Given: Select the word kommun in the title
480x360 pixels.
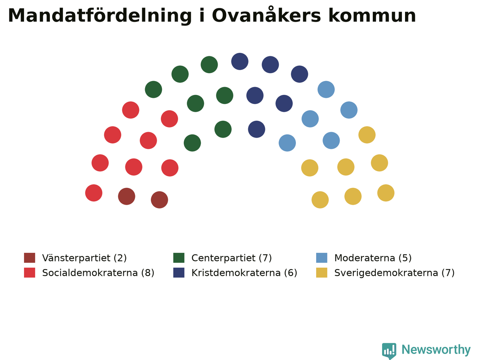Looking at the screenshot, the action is point(372,15).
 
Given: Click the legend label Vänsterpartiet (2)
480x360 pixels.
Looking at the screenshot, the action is point(84,258).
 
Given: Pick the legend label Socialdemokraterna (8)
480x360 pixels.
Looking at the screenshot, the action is point(98,273).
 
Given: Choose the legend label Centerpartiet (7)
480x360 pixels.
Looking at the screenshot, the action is point(232,258).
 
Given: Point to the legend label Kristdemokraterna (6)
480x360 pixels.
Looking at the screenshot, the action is point(244,273).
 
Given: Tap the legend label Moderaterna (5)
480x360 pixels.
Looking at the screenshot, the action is point(373,258).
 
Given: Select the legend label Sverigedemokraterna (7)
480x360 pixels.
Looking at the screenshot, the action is point(394,273).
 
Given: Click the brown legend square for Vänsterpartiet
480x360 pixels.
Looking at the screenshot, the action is point(30,258).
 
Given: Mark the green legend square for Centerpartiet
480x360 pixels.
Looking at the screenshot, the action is point(179,258).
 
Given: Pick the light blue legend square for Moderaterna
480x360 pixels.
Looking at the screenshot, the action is point(322,258).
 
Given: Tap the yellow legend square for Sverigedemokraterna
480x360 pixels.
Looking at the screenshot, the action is point(322,273).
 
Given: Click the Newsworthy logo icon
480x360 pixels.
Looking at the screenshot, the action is point(389,351).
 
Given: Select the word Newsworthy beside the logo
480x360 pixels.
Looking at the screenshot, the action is point(436,350).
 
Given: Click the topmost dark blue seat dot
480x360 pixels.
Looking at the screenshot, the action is point(240,61).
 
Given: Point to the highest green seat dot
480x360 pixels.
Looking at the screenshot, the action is point(209,64).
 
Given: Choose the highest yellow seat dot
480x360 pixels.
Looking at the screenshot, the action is point(367,135).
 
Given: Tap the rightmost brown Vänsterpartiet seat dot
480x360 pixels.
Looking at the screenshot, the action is point(159,200).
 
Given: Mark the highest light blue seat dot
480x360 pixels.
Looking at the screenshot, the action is point(326,89).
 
